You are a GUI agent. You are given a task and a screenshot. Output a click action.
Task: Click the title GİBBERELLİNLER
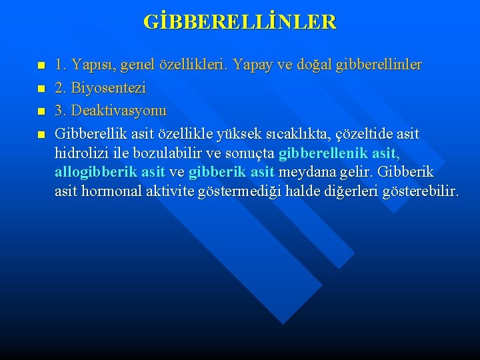(240, 22)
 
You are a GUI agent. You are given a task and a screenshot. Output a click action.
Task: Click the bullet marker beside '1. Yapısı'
(41, 66)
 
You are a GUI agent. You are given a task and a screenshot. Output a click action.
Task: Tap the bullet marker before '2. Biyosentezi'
(41, 89)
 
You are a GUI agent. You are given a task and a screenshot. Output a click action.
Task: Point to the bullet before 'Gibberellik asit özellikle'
(41, 135)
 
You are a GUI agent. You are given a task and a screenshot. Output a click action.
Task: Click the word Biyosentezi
(108, 88)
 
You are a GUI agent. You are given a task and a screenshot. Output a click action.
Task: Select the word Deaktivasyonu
(120, 111)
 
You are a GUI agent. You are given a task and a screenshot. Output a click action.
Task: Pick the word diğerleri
(351, 192)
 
